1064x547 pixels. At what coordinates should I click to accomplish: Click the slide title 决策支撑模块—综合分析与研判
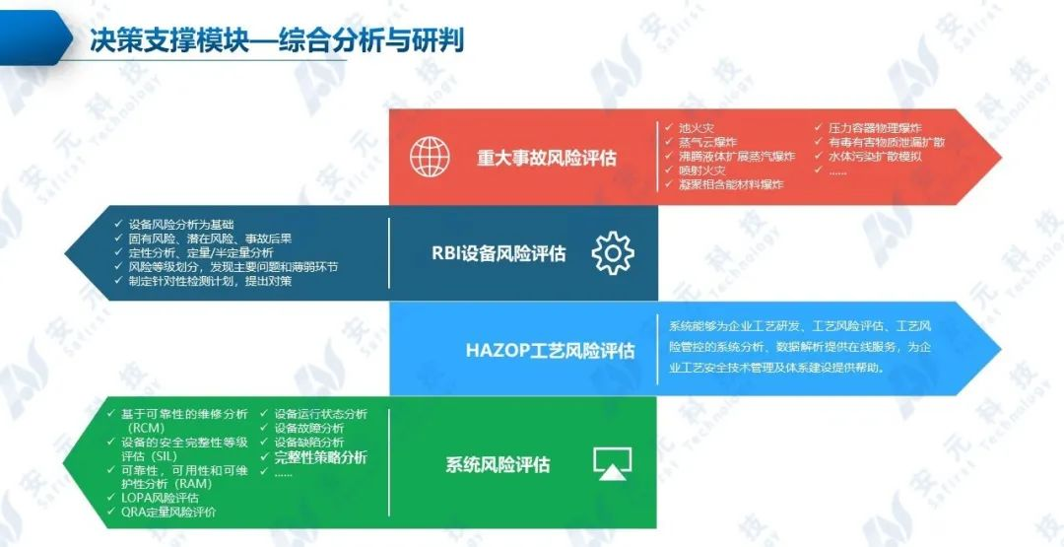click(276, 40)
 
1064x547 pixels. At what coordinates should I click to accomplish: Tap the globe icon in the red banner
click(430, 157)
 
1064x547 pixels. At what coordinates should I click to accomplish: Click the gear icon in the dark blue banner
click(612, 253)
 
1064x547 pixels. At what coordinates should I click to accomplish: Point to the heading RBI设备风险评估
click(499, 253)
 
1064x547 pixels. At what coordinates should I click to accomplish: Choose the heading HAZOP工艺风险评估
click(550, 351)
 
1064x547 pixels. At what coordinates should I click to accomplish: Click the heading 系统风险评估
click(498, 464)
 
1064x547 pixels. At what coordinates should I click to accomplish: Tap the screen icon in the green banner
click(612, 463)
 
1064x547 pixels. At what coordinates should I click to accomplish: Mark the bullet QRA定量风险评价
click(167, 512)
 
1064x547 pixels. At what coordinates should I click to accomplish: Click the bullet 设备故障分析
click(308, 429)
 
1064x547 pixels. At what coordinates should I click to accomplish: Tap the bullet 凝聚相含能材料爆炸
click(730, 184)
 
